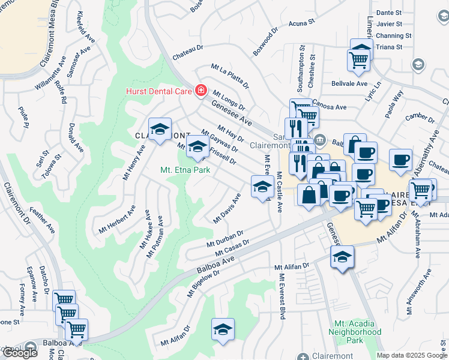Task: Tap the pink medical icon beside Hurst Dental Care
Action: (x=200, y=91)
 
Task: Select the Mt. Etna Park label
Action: (x=185, y=170)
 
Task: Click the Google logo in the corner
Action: (x=20, y=352)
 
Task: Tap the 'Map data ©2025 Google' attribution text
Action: (x=412, y=355)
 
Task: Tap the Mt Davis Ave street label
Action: (x=228, y=208)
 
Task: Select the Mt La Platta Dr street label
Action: (x=229, y=78)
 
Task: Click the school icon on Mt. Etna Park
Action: (x=197, y=146)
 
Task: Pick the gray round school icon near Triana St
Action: (x=419, y=64)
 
